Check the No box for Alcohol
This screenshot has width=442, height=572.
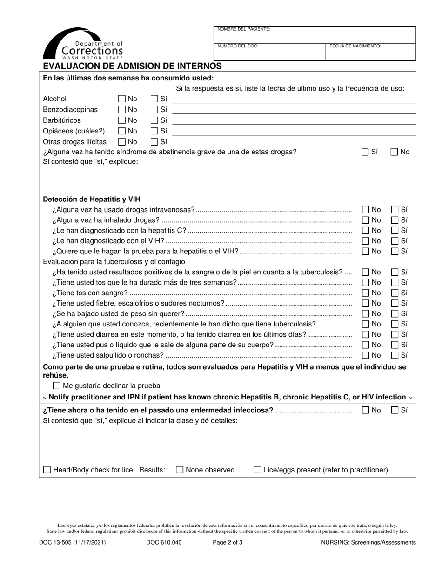[x=122, y=99]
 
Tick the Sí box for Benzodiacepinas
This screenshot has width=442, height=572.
[x=154, y=110]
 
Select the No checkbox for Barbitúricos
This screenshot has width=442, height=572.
[x=122, y=120]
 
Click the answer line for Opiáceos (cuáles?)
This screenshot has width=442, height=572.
[x=294, y=133]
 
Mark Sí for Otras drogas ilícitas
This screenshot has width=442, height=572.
[x=154, y=142]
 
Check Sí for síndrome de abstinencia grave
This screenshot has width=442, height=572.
[x=365, y=152]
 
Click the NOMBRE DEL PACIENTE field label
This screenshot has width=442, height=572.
[x=244, y=29]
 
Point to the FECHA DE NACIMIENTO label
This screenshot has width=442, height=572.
[x=355, y=46]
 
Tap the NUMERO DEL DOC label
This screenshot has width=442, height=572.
[x=238, y=46]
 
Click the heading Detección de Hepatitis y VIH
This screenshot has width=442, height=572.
[x=91, y=199]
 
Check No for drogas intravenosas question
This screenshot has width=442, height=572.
[x=366, y=210]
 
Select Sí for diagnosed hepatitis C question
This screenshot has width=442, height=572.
[x=395, y=231]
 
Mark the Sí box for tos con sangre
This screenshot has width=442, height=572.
[x=395, y=293]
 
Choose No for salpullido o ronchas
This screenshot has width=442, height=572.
[x=366, y=355]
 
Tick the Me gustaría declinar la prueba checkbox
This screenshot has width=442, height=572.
[x=57, y=386]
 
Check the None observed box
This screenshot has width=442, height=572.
[x=180, y=470]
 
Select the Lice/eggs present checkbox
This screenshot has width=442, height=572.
[x=257, y=470]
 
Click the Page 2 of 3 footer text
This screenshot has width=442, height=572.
[x=228, y=542]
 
